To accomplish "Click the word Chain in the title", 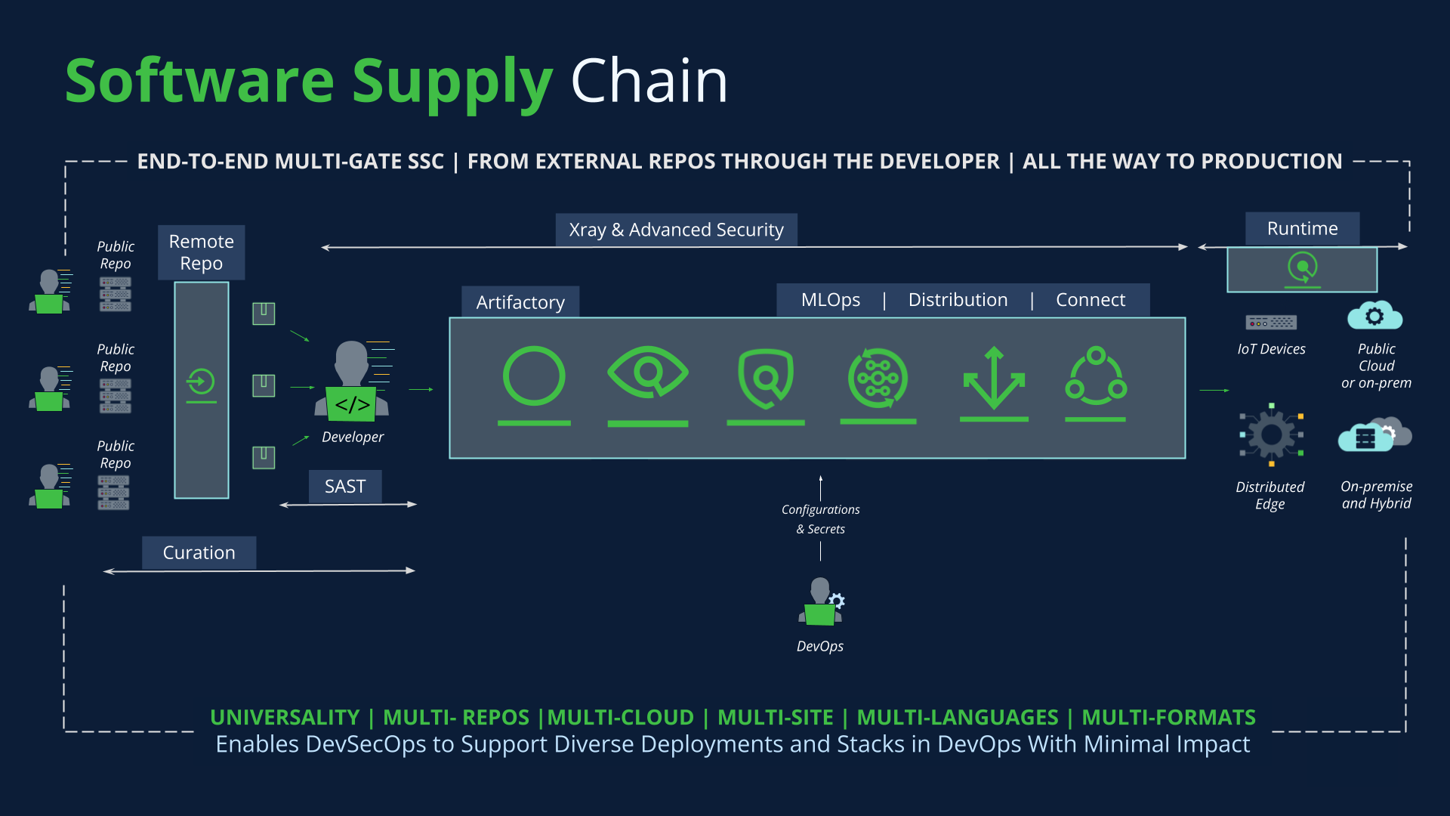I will point(649,81).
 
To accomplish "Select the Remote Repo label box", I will point(201,252).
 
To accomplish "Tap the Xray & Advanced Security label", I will point(676,230).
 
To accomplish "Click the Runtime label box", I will point(1302,228).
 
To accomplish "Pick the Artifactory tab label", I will point(520,302).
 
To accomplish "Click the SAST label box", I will point(345,487).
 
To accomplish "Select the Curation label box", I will point(199,553).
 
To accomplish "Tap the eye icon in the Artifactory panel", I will point(647,372).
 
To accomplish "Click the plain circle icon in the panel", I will point(534,376).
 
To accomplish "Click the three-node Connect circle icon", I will point(1096,376).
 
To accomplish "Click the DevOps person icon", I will point(821,602).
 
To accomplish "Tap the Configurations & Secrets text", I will point(820,519).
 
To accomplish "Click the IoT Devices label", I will point(1271,349).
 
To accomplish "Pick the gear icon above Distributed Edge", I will point(1271,434).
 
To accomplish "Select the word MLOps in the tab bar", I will point(830,300).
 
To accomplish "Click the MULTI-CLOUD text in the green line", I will point(620,717).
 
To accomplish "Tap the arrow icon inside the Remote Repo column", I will point(201,382).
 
